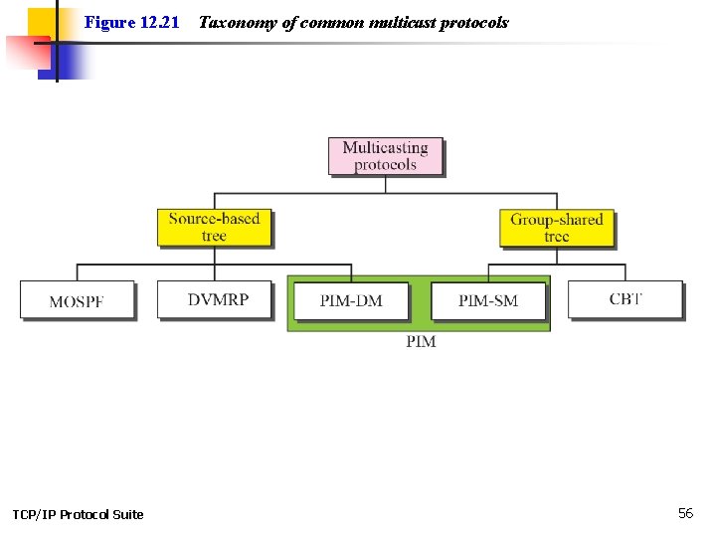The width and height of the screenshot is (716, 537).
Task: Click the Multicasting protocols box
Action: (385, 156)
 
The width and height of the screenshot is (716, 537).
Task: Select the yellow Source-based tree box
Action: (214, 227)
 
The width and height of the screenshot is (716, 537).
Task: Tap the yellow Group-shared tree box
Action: (556, 228)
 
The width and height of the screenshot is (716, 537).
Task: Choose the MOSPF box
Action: (77, 300)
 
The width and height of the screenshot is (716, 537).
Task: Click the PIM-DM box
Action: (351, 300)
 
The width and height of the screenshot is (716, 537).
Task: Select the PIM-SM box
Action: (488, 300)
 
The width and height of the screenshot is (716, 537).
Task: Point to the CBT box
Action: (626, 298)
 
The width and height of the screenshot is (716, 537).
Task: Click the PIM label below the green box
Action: (421, 342)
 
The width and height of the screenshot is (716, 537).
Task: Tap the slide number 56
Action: (685, 513)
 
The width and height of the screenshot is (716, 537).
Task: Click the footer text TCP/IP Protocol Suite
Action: (78, 514)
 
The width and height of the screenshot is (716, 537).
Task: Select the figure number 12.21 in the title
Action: (156, 22)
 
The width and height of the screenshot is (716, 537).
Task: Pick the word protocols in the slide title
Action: (473, 22)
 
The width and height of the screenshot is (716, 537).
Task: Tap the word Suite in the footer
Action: (126, 514)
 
